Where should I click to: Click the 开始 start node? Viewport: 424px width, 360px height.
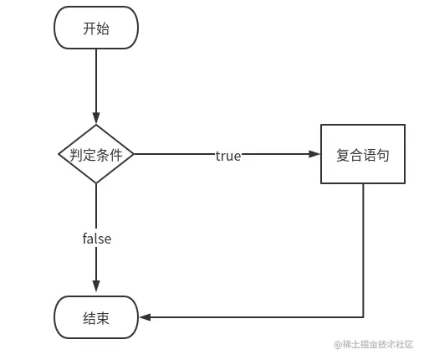[96, 28]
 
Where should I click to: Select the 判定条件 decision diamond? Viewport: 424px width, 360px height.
[96, 155]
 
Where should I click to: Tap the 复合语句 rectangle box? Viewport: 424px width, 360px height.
[363, 155]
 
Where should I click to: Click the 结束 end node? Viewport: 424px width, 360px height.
[96, 317]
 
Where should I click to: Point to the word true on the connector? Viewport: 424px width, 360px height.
[228, 156]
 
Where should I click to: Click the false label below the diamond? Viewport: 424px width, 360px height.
[96, 239]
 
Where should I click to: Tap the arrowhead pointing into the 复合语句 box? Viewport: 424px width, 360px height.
[315, 155]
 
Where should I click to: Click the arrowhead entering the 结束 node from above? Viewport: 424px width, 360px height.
[96, 290]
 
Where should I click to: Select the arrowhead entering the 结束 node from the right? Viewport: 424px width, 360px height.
[145, 317]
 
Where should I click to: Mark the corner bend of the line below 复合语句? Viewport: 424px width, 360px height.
[363, 317]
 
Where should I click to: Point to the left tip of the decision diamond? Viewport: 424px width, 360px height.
[59, 155]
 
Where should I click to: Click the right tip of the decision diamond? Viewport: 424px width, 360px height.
[134, 155]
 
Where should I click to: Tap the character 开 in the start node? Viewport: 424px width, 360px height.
[89, 28]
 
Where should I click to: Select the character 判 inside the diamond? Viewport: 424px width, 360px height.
[76, 156]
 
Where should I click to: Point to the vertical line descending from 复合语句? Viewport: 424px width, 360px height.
[363, 251]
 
